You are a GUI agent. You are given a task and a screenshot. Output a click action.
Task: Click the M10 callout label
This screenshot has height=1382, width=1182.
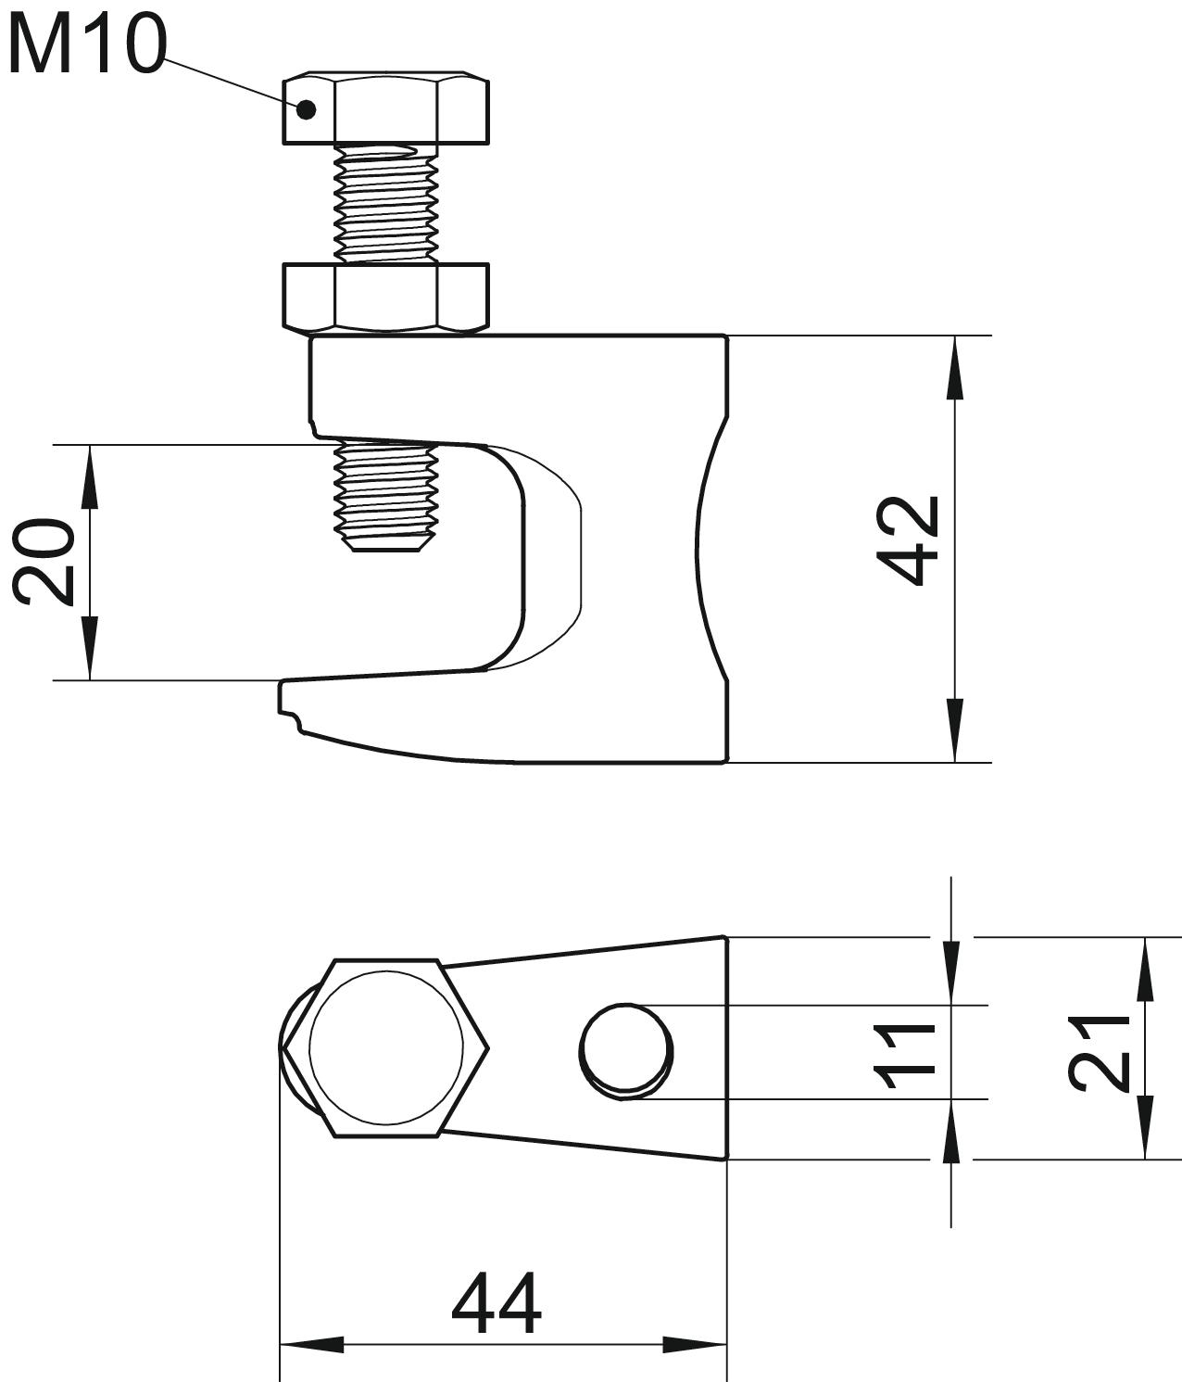pos(86,45)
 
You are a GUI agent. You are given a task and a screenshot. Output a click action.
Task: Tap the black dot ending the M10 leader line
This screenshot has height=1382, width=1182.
pos(306,109)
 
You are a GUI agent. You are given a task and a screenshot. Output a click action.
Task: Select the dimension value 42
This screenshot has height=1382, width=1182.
pos(908,540)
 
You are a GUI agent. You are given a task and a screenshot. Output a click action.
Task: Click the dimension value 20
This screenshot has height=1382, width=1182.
pos(44,562)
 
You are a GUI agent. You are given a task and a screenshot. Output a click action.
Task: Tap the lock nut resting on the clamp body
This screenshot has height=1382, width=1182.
pos(385,298)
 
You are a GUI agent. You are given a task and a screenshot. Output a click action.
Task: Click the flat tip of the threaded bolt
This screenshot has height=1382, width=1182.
pos(385,548)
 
